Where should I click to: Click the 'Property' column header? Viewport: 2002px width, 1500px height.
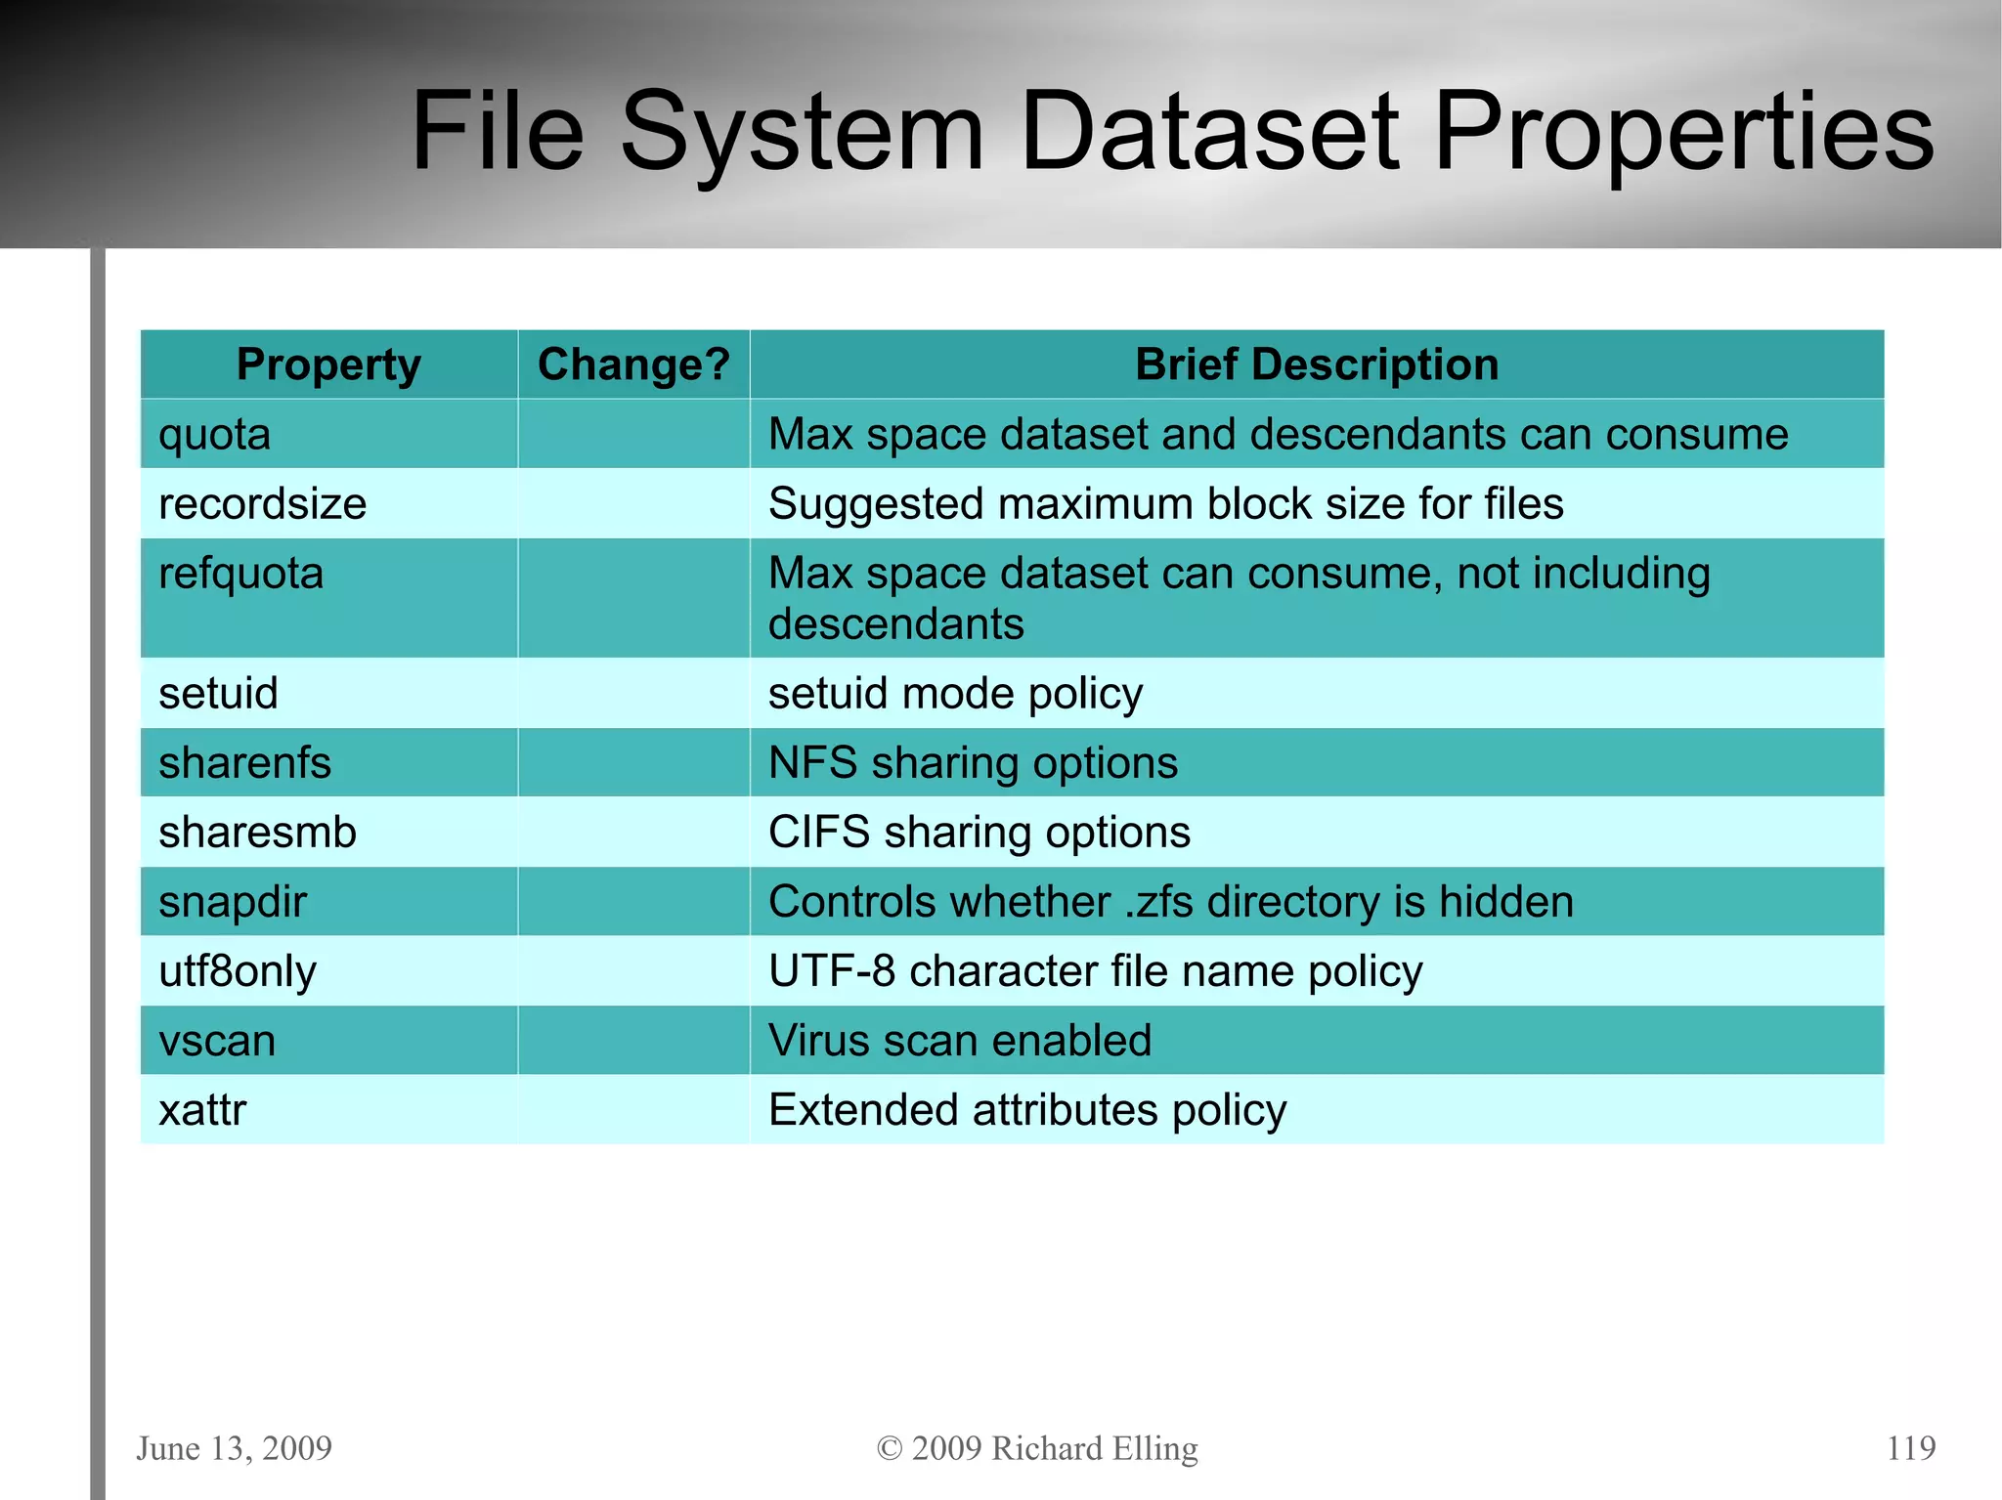click(x=328, y=364)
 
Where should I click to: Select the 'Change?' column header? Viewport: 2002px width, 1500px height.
click(x=633, y=364)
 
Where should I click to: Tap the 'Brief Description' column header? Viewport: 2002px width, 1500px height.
click(x=1316, y=364)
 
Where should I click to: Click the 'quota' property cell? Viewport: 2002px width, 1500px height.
click(x=215, y=434)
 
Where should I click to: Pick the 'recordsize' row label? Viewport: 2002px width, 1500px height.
click(x=262, y=504)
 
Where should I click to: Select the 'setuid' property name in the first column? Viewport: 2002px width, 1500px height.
click(x=218, y=694)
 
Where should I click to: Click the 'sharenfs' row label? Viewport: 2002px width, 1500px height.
click(x=244, y=763)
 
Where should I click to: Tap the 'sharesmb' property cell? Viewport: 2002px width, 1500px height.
click(x=257, y=833)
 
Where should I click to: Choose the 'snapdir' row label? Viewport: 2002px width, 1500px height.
click(x=233, y=902)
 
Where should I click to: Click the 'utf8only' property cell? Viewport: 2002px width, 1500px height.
click(x=238, y=971)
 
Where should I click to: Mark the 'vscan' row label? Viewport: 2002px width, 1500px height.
click(x=217, y=1041)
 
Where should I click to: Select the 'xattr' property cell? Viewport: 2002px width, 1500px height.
click(x=202, y=1110)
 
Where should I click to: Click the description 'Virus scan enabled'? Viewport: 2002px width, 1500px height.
click(x=960, y=1041)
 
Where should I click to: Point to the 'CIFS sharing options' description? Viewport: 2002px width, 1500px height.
click(x=979, y=833)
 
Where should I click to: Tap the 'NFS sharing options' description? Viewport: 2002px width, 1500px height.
click(x=973, y=763)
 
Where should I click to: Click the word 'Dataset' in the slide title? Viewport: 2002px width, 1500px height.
click(x=1208, y=132)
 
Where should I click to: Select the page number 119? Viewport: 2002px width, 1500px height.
click(x=1910, y=1447)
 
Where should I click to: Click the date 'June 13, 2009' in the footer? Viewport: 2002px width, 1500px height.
click(x=235, y=1447)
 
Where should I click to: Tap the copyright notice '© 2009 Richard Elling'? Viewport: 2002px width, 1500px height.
click(x=1037, y=1447)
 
